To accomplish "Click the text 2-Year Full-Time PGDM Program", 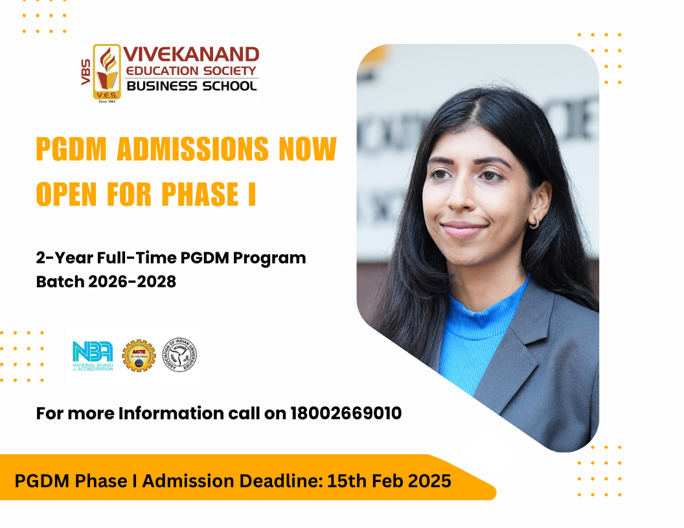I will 170,258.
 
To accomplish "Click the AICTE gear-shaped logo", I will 139,356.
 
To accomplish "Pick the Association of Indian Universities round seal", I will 179,356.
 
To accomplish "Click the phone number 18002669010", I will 346,413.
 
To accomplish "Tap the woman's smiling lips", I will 464,228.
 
